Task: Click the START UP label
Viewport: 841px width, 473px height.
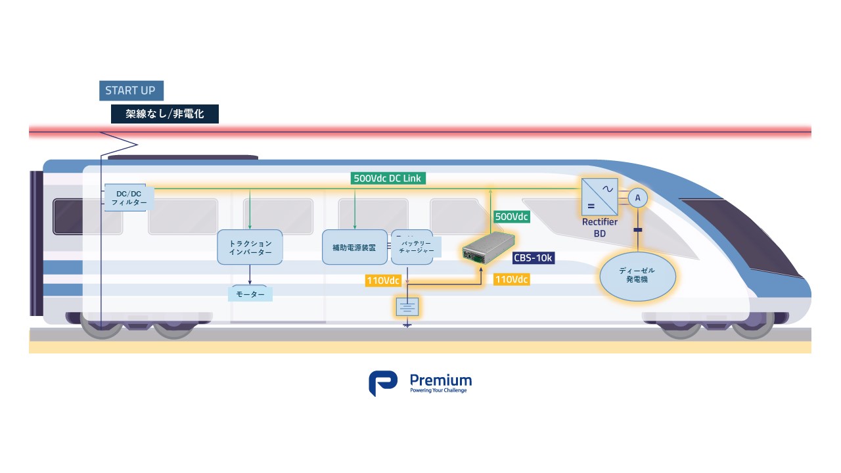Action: pyautogui.click(x=131, y=91)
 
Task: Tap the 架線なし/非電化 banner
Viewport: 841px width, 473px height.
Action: pyautogui.click(x=164, y=114)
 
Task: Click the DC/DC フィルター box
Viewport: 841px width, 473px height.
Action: pyautogui.click(x=129, y=198)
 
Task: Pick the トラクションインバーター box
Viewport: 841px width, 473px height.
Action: pyautogui.click(x=250, y=248)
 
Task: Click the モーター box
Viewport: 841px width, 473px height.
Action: pyautogui.click(x=250, y=294)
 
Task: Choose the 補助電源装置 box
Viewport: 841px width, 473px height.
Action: pyautogui.click(x=355, y=248)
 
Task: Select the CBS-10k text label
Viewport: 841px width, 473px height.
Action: pyautogui.click(x=534, y=258)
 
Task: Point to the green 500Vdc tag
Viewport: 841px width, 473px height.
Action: pyautogui.click(x=511, y=217)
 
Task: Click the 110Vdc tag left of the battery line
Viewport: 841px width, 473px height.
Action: pyautogui.click(x=383, y=281)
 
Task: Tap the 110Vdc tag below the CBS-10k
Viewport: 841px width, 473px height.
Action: pyautogui.click(x=512, y=279)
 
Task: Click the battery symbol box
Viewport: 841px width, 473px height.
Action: pyautogui.click(x=407, y=305)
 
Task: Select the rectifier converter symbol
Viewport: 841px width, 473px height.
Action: pyautogui.click(x=599, y=196)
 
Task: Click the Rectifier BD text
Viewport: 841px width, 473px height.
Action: pyautogui.click(x=599, y=227)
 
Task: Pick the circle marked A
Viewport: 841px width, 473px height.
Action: pyautogui.click(x=637, y=198)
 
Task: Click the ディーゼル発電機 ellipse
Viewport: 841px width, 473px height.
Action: pyautogui.click(x=637, y=275)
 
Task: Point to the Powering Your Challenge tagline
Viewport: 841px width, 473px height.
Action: pyautogui.click(x=438, y=391)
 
